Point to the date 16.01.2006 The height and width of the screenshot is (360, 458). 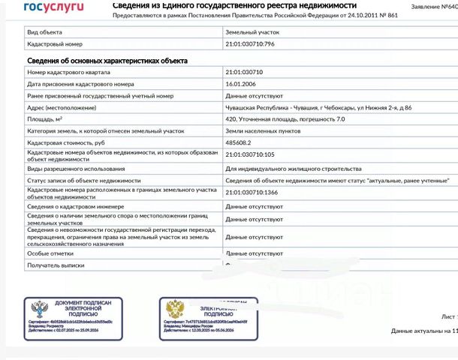click(242, 85)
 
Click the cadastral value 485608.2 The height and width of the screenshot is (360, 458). click(239, 142)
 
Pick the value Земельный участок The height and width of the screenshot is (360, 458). click(252, 33)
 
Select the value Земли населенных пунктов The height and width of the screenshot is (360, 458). click(260, 130)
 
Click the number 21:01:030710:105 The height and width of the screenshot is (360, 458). click(255, 154)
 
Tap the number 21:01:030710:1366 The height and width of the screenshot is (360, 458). click(257, 193)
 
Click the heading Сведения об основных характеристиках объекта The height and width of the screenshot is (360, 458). click(107, 60)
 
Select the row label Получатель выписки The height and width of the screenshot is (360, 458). click(56, 265)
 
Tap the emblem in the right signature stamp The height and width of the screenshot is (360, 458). click(175, 308)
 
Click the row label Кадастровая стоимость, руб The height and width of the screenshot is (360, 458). click(71, 142)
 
